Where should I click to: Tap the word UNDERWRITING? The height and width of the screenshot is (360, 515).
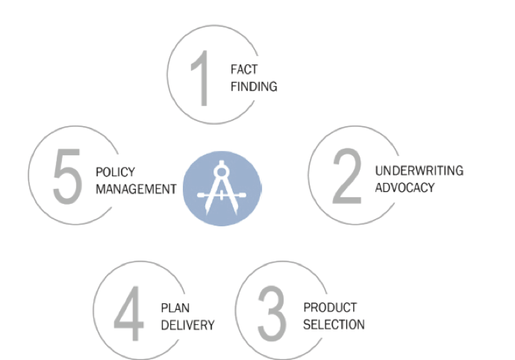419,170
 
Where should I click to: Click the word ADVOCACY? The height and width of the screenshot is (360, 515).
405,187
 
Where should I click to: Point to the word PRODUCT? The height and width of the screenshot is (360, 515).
330,307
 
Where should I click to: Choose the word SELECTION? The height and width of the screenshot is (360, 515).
334,324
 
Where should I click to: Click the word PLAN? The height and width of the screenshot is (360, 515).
175,308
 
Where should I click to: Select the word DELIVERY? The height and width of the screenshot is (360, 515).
187,325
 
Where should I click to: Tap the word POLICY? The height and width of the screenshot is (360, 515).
116,172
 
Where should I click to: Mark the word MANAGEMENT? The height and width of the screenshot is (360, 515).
136,189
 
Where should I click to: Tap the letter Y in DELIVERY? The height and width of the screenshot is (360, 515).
211,325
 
